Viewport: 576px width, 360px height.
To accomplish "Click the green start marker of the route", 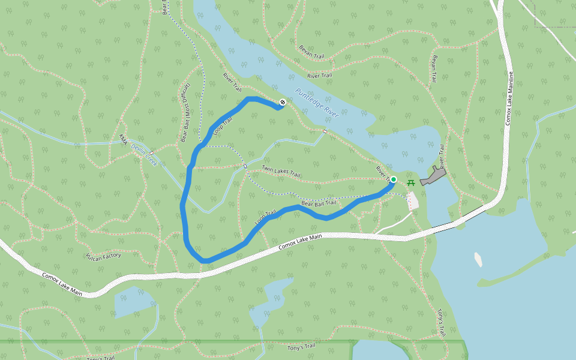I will pos(394,179).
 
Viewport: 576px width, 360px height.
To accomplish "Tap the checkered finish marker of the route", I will pos(283,102).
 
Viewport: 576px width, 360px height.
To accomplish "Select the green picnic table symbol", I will pos(411,182).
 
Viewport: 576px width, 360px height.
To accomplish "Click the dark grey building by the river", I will pos(433,176).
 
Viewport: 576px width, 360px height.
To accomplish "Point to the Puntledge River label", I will pos(317,103).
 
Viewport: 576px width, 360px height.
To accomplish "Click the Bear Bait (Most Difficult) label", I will pos(185,113).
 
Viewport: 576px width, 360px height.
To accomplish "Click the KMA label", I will pos(123,139).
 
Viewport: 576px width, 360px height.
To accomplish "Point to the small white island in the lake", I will pos(478,259).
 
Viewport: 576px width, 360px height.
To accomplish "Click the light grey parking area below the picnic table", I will pos(413,200).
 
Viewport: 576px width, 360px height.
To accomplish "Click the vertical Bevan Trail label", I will pos(434,69).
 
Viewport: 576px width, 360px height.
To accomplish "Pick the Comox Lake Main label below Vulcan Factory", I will pos(62,284).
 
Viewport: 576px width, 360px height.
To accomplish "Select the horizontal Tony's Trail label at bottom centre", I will pos(301,347).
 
